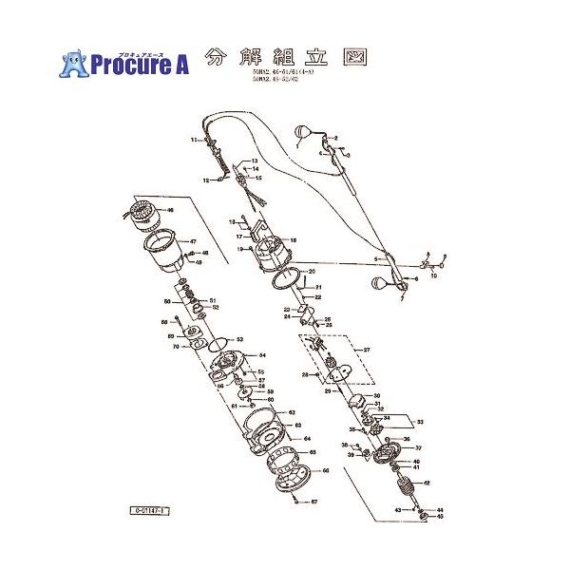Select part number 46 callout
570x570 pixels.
tap(170, 210)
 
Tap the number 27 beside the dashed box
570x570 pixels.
tap(365, 351)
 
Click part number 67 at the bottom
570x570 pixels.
tap(313, 502)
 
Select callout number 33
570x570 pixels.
tap(422, 420)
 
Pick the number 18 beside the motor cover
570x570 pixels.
tap(294, 240)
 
